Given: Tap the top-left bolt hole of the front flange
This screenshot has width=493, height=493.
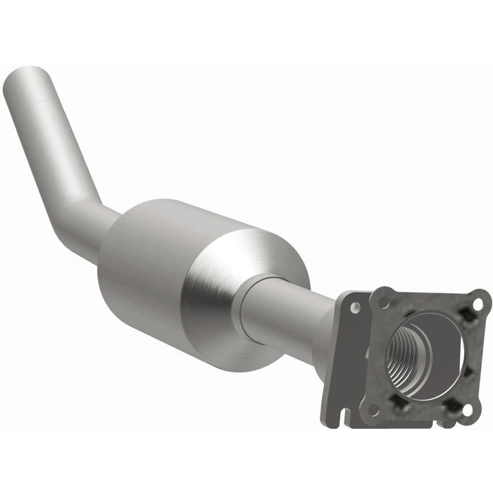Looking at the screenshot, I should click(384, 301).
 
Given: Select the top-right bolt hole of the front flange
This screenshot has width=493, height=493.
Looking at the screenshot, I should click(478, 304).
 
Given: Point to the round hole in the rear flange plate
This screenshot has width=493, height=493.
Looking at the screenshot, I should click(355, 307).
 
